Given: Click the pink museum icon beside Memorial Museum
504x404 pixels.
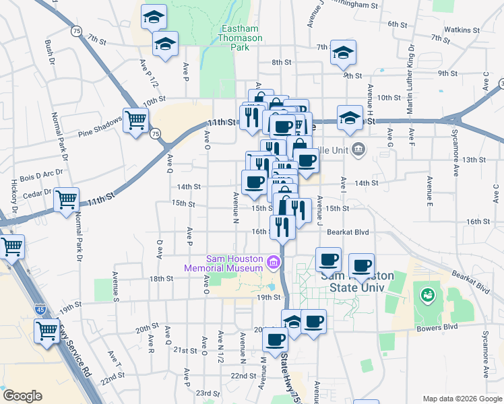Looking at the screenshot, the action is point(273,261).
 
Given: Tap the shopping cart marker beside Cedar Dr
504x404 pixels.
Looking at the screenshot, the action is point(67,200).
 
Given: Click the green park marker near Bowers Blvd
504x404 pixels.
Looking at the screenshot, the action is point(427,295).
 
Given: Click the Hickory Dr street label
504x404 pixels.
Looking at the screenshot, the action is point(13,194).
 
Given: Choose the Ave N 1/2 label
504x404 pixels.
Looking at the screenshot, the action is point(220,344).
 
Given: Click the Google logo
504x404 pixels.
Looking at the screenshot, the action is point(22,396).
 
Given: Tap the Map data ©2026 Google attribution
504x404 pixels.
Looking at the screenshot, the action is point(462,399).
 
